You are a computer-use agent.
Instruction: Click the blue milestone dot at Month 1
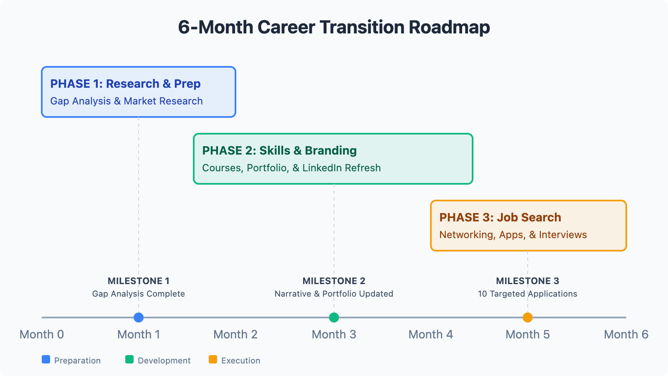coord(139,318)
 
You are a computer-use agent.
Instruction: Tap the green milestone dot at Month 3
coord(334,318)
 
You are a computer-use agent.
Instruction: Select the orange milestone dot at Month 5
coord(528,318)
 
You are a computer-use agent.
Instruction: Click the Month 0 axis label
coord(42,335)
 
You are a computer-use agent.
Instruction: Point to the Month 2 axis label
coord(235,335)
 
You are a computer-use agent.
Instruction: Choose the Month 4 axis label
coord(430,335)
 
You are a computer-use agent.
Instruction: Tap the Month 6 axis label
coord(626,335)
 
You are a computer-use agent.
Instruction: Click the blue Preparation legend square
coord(46,359)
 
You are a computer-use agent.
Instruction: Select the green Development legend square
coord(129,359)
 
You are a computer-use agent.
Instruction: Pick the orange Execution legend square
coord(213,359)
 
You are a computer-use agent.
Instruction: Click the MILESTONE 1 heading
coord(139,281)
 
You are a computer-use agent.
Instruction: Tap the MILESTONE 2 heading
coord(334,281)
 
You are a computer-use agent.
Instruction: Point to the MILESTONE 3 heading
coord(528,281)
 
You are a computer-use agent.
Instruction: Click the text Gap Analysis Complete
coord(139,294)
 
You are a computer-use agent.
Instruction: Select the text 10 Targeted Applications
coord(528,294)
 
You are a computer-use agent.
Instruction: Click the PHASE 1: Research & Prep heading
coord(126,84)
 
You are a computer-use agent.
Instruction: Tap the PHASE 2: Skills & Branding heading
coord(279,151)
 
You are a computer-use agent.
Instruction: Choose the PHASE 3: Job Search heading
coord(501,218)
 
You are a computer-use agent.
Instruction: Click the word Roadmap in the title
coord(449,28)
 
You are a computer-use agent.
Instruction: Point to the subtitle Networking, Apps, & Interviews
coord(513,235)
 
